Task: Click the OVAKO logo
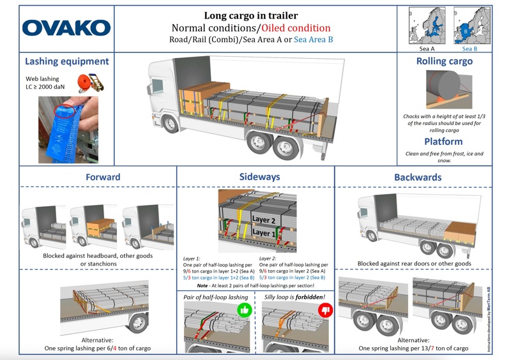tap(66, 28)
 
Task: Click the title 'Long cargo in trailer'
tap(250, 15)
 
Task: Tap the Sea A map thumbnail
tap(428, 25)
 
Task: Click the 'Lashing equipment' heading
tap(66, 61)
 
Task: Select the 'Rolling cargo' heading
tap(444, 61)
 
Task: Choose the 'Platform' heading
tap(444, 141)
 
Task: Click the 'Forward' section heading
tap(103, 177)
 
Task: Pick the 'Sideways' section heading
tap(256, 177)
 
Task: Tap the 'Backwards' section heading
tap(418, 177)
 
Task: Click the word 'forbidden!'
tap(311, 297)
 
